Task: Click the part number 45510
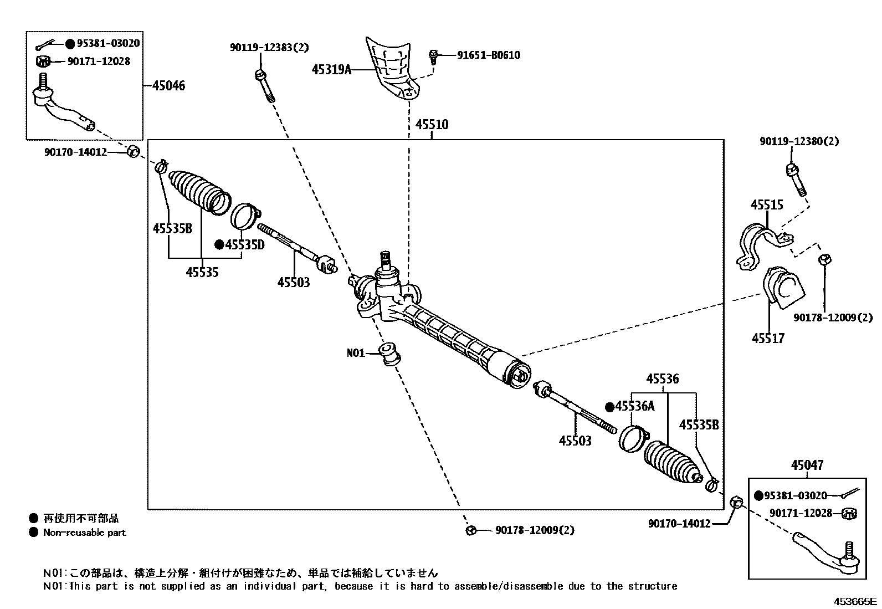[432, 125]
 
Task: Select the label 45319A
[331, 70]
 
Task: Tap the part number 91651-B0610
[489, 55]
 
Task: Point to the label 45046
[168, 85]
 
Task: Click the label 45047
[807, 465]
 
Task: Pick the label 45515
[767, 205]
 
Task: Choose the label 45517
[768, 339]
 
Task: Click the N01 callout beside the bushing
[356, 353]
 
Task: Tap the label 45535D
[244, 245]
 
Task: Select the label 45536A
[635, 406]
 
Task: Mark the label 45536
[663, 379]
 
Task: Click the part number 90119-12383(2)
[269, 47]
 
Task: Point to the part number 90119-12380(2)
[799, 141]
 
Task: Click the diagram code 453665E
[855, 601]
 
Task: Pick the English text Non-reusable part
[85, 533]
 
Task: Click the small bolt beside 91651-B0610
[433, 57]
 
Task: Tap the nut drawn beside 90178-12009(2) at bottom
[470, 531]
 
